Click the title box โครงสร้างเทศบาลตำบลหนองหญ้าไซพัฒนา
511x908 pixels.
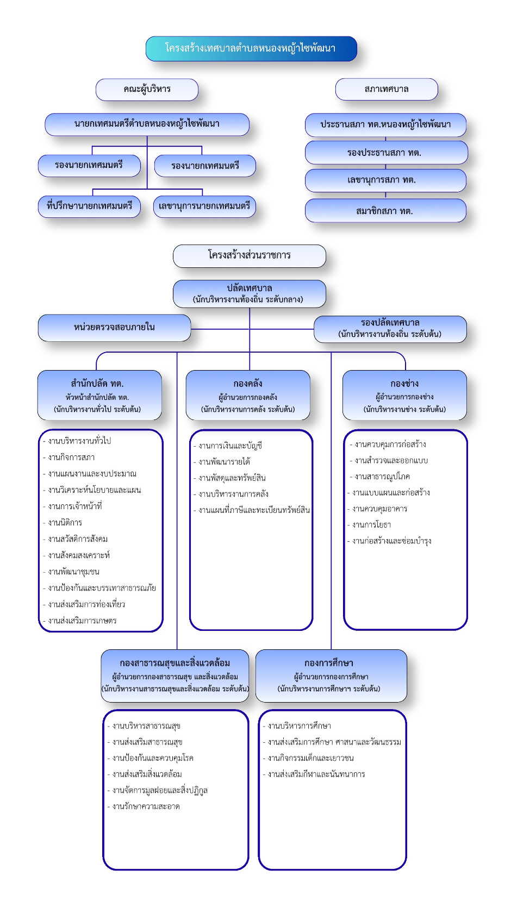pos(251,49)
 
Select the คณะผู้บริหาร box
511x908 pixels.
pos(147,90)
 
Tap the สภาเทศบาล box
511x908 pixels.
pos(387,89)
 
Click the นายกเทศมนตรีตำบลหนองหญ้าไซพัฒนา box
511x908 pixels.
pos(147,124)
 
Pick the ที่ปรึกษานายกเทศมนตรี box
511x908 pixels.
pos(89,206)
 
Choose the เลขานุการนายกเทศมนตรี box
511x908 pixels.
pos(204,206)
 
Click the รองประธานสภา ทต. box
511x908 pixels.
pos(386,153)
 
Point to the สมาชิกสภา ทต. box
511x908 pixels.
pos(385,211)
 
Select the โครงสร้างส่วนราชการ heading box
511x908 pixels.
pos(250,256)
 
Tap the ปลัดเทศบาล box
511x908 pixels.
pos(250,294)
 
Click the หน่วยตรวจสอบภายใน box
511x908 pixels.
pos(114,328)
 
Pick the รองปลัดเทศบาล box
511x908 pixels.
pos(390,329)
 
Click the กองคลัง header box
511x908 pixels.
pos(248,395)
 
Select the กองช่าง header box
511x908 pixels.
pos(404,395)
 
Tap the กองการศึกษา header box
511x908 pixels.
pos(331,676)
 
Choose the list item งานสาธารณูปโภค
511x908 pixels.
pos(379,477)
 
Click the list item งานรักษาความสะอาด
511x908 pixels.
pos(144,807)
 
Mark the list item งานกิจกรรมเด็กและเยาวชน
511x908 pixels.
pos(308,758)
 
